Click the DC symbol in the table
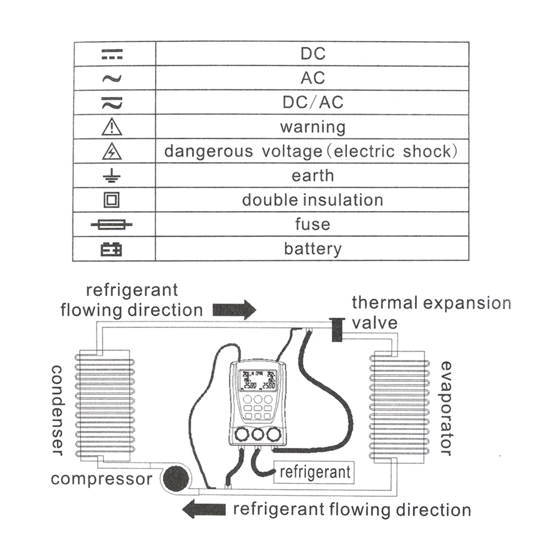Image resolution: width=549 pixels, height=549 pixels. point(112,54)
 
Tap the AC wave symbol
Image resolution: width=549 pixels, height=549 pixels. point(112,78)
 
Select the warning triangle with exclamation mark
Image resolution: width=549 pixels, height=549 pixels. point(112,127)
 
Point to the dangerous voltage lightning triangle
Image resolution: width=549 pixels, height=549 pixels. point(112,151)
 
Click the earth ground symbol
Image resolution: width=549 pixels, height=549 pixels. point(112,176)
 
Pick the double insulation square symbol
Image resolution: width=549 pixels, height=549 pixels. point(112,200)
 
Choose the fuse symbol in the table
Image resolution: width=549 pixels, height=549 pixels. point(112,225)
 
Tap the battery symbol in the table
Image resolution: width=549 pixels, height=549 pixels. point(112,250)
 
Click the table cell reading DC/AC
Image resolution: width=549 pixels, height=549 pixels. point(313,103)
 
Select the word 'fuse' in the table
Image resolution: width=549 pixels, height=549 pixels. point(313,224)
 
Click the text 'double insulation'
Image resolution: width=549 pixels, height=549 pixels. point(313,200)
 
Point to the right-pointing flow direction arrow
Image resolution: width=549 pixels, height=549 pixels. point(234,309)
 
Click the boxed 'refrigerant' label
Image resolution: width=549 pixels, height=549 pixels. point(314,472)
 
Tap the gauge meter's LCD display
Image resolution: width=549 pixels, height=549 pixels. point(258,379)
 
